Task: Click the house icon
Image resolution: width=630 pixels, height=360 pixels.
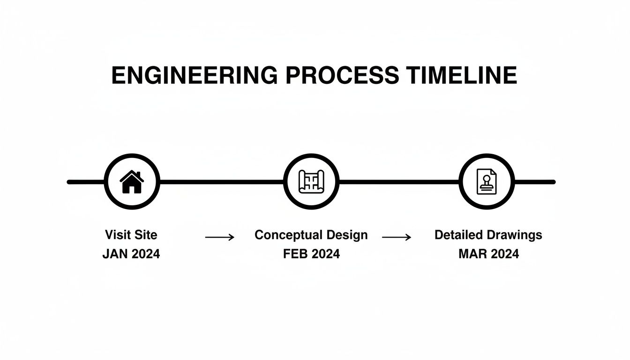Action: (132, 182)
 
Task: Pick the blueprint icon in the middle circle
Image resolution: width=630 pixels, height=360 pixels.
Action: (311, 182)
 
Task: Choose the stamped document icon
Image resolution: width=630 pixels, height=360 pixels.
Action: (487, 182)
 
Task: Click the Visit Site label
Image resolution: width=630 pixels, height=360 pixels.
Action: (131, 235)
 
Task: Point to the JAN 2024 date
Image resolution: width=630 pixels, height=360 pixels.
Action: (131, 254)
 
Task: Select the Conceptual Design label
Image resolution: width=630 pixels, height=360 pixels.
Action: (311, 235)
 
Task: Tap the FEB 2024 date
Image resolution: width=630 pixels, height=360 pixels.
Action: (311, 254)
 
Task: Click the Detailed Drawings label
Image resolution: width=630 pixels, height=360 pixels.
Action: (488, 235)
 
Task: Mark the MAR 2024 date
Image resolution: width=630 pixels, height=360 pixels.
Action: (488, 254)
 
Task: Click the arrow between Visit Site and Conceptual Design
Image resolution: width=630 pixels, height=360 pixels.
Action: (220, 238)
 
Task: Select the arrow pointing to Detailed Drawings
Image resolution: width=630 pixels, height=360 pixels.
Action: (397, 238)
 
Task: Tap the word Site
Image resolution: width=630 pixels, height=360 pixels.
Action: (146, 235)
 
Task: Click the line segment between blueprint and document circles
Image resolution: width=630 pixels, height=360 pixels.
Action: (398, 182)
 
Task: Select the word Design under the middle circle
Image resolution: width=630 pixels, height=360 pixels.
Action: (347, 235)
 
